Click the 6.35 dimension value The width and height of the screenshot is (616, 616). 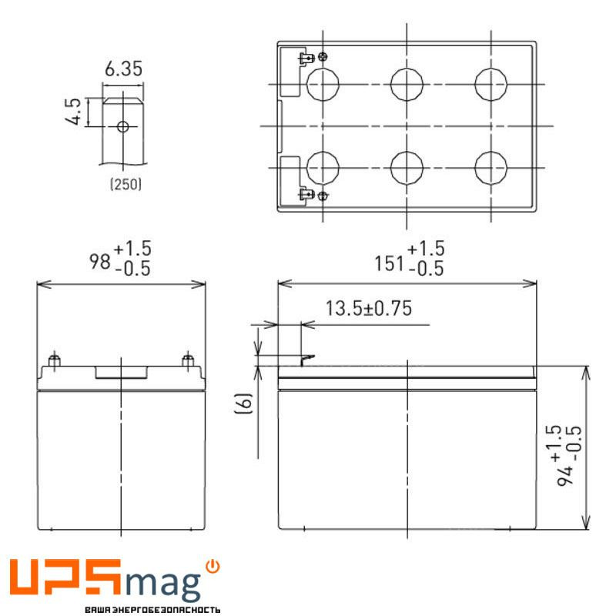click(123, 69)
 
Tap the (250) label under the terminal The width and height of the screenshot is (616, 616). click(126, 184)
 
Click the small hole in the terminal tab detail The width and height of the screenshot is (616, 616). click(123, 126)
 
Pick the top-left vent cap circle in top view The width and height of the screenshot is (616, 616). click(323, 83)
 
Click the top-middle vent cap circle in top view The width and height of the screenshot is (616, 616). click(407, 83)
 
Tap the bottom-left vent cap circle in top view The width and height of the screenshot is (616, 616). click(323, 166)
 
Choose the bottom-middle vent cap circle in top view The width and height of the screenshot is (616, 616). click(407, 166)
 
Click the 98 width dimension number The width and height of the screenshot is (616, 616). click(101, 262)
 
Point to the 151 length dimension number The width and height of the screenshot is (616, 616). click(389, 263)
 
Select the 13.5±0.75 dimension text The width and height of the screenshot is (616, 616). click(369, 309)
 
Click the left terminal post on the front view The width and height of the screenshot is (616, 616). click(55, 360)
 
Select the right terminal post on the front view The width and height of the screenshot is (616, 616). click(187, 360)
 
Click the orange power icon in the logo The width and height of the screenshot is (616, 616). click(213, 567)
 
